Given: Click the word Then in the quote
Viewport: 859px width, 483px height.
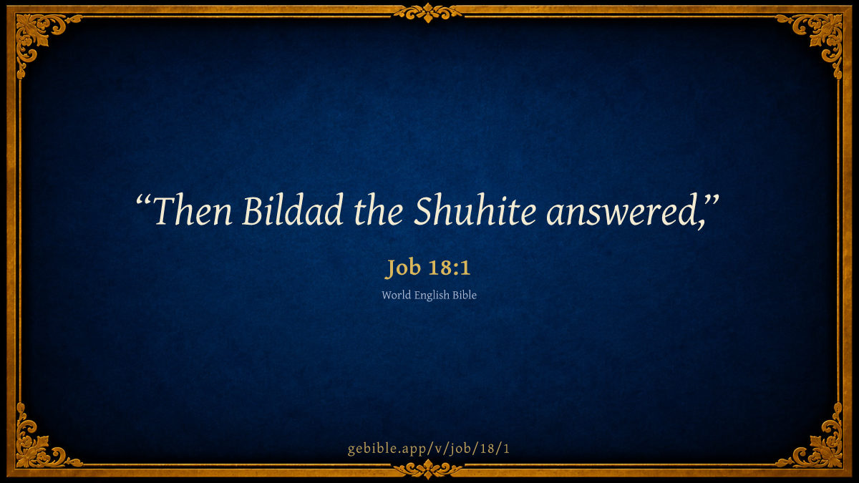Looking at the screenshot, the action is (193, 210).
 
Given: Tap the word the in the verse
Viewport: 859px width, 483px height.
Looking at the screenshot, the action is (378, 210).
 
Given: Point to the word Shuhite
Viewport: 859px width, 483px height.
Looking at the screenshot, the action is (475, 210).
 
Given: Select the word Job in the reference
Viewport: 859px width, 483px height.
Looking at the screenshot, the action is (403, 268).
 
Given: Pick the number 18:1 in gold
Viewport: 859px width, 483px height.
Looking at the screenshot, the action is (450, 267).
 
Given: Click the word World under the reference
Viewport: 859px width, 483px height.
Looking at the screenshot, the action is (396, 295).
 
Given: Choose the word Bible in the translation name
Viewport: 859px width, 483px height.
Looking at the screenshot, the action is (465, 295).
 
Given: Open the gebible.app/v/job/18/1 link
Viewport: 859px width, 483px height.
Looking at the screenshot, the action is (429, 449).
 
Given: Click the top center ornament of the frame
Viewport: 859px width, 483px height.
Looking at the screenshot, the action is (428, 13).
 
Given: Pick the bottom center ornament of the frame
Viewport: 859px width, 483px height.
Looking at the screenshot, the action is (428, 469).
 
